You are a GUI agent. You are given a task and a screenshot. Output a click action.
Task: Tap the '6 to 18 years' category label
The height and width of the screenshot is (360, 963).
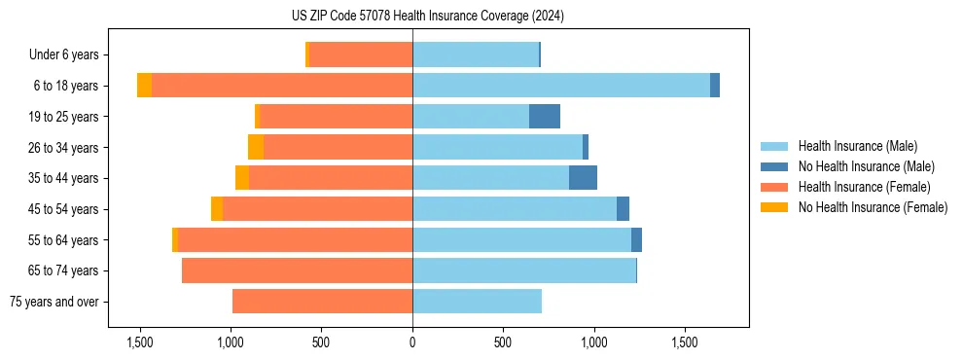pos(66,86)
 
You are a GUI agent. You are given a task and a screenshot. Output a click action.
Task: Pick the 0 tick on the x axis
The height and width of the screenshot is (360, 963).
pos(412,342)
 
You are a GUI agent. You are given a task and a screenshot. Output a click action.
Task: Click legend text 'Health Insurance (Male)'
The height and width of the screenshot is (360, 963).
pos(857,146)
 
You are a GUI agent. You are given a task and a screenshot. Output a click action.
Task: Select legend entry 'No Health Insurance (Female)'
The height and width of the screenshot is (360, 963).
pos(873,207)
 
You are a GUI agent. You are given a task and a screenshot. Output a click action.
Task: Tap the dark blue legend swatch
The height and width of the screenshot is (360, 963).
pos(774,166)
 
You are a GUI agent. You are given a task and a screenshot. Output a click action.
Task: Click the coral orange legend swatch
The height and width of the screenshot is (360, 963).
pos(774,187)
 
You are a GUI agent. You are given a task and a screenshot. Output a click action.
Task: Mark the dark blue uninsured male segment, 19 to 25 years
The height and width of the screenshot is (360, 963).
pos(545,117)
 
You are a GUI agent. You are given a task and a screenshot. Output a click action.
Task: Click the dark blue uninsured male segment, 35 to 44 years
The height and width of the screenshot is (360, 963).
pos(583,178)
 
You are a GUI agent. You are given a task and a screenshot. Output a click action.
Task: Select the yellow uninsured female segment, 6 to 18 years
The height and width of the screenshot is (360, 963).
pos(144,86)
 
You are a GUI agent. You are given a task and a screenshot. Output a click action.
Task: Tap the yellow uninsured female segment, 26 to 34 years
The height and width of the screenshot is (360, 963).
pos(256,147)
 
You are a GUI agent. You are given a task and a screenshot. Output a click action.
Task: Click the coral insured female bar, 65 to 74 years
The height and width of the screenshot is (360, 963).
pos(297,270)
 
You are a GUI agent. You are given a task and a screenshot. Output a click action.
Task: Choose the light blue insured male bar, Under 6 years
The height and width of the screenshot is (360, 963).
pos(476,54)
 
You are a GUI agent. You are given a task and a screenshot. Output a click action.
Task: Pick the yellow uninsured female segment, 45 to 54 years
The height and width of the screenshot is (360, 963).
pos(217,209)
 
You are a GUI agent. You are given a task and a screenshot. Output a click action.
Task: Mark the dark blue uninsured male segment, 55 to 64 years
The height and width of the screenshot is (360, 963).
pos(636,239)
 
